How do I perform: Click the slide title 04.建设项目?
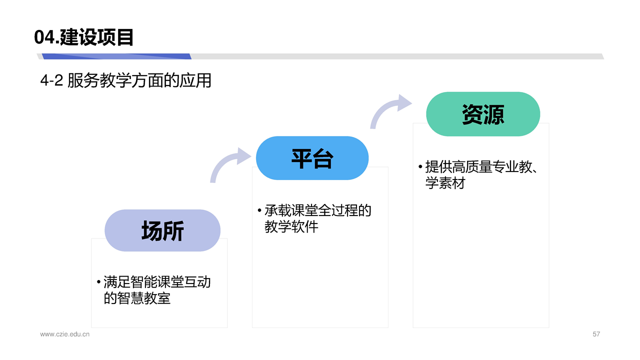click(x=83, y=37)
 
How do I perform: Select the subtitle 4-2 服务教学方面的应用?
click(x=125, y=80)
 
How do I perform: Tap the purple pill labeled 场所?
click(x=162, y=230)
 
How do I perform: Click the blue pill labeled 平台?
click(x=312, y=158)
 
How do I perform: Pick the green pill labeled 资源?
click(x=483, y=114)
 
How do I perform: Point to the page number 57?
click(x=596, y=334)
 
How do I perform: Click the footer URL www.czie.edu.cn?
click(x=65, y=334)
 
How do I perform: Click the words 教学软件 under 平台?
click(x=291, y=227)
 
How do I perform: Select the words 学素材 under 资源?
click(x=445, y=183)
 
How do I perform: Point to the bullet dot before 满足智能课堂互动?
click(x=99, y=282)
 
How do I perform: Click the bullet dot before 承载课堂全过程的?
click(x=259, y=210)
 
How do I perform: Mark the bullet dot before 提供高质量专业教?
click(x=420, y=166)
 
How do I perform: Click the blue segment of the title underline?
click(x=116, y=56)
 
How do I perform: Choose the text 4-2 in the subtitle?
click(x=51, y=80)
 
